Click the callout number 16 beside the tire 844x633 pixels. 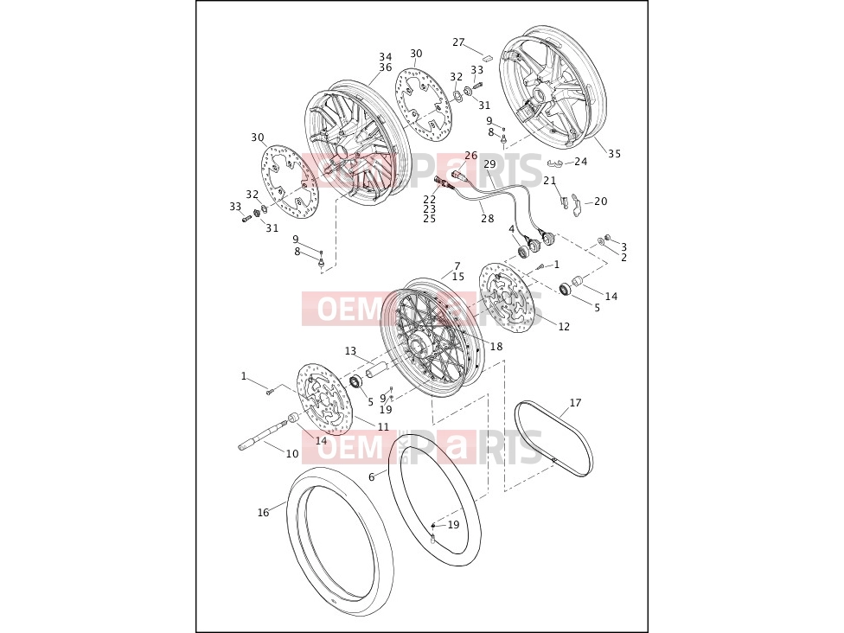tap(263, 513)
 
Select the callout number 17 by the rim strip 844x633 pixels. tap(575, 403)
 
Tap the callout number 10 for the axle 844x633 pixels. tap(291, 454)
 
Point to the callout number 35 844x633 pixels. tap(615, 154)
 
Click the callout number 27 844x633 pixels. tap(458, 42)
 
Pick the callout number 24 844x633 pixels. tap(581, 162)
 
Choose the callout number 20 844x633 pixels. tap(601, 201)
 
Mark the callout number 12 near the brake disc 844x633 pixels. tap(564, 326)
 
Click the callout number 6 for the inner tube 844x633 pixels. tap(371, 476)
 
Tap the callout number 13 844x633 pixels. tap(350, 351)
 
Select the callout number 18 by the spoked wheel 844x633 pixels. tap(496, 346)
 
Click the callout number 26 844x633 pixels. tap(471, 156)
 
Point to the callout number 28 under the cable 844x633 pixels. tap(487, 219)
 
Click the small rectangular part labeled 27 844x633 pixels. tap(487, 56)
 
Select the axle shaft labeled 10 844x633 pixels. tap(265, 434)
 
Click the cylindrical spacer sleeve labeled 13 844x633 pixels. tap(374, 371)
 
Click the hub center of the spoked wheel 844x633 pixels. tap(419, 342)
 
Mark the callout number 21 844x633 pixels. tap(549, 181)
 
